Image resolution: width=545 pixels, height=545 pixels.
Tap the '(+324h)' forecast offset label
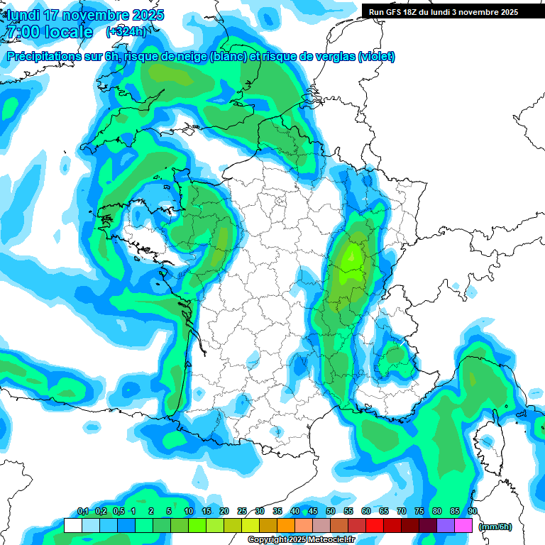(x=126, y=32)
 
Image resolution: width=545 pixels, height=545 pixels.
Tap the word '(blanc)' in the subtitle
(x=226, y=57)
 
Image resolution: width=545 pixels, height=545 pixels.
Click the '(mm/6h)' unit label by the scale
(x=495, y=527)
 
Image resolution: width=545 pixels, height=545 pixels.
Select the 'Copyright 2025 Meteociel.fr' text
(x=302, y=540)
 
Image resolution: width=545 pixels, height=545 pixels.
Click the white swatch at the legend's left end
(x=72, y=526)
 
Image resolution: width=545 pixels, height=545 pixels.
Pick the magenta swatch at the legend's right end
(x=464, y=526)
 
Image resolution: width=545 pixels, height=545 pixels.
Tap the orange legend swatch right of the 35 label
(x=286, y=526)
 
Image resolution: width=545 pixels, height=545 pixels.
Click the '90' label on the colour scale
(x=473, y=512)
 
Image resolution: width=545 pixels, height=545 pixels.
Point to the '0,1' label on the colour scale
(x=83, y=512)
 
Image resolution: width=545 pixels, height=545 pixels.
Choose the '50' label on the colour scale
(x=331, y=512)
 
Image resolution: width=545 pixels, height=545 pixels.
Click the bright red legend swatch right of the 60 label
(x=375, y=526)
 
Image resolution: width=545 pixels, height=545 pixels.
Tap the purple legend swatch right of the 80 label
(x=446, y=526)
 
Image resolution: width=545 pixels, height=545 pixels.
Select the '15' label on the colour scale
(x=207, y=512)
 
